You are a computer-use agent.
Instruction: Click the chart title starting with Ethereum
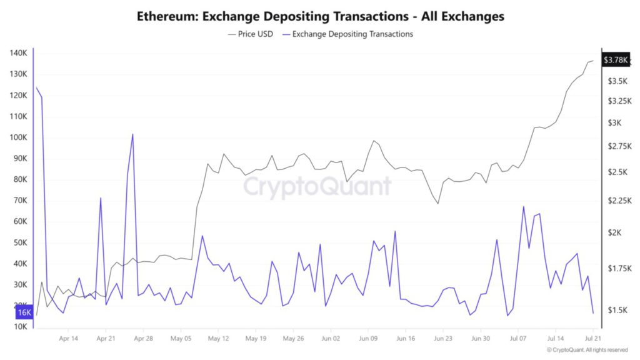320,16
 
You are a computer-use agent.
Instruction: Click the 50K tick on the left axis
19,242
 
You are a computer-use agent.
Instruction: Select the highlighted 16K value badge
24,312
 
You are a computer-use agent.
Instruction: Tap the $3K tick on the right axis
616,122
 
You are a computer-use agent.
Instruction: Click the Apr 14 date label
69,339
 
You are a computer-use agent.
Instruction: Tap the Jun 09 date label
368,339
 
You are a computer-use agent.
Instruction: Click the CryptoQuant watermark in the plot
317,187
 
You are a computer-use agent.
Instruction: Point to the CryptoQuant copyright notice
587,350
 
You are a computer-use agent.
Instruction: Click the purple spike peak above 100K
132,134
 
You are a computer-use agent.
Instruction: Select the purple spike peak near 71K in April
101,198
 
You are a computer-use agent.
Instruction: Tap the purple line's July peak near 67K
524,207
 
